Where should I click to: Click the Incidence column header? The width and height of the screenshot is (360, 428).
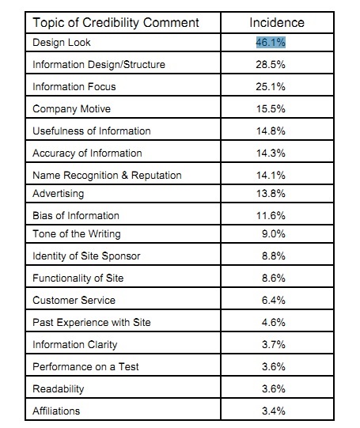pos(277,23)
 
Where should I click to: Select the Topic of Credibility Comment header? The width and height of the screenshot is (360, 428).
pos(116,23)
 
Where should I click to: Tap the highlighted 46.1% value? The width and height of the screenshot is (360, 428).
pos(271,43)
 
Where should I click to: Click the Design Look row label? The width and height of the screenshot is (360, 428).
pos(62,43)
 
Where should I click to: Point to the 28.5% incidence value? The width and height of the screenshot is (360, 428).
pos(271,65)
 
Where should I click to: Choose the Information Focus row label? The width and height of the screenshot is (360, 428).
pos(74,87)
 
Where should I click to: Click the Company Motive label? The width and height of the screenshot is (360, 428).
pos(71,109)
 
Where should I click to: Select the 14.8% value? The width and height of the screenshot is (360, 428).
pos(271,131)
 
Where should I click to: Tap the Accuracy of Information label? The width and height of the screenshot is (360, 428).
pos(87,153)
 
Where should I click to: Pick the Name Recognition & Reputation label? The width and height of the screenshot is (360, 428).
pos(107,176)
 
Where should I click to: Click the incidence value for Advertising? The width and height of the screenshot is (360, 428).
pos(271,194)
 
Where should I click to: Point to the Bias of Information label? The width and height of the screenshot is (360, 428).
pos(76,216)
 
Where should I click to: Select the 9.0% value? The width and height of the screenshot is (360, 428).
pos(274,234)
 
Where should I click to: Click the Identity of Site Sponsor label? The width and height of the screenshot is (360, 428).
pos(86,256)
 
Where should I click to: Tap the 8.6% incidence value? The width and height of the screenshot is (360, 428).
pos(274,278)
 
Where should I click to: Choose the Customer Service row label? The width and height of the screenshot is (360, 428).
pos(74,301)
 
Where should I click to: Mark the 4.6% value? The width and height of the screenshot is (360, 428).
pos(274,322)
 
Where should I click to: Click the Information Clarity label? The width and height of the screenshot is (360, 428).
pos(75,345)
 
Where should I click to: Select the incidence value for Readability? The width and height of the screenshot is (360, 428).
pos(274,388)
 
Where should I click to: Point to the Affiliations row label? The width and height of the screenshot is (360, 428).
pos(56,411)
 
